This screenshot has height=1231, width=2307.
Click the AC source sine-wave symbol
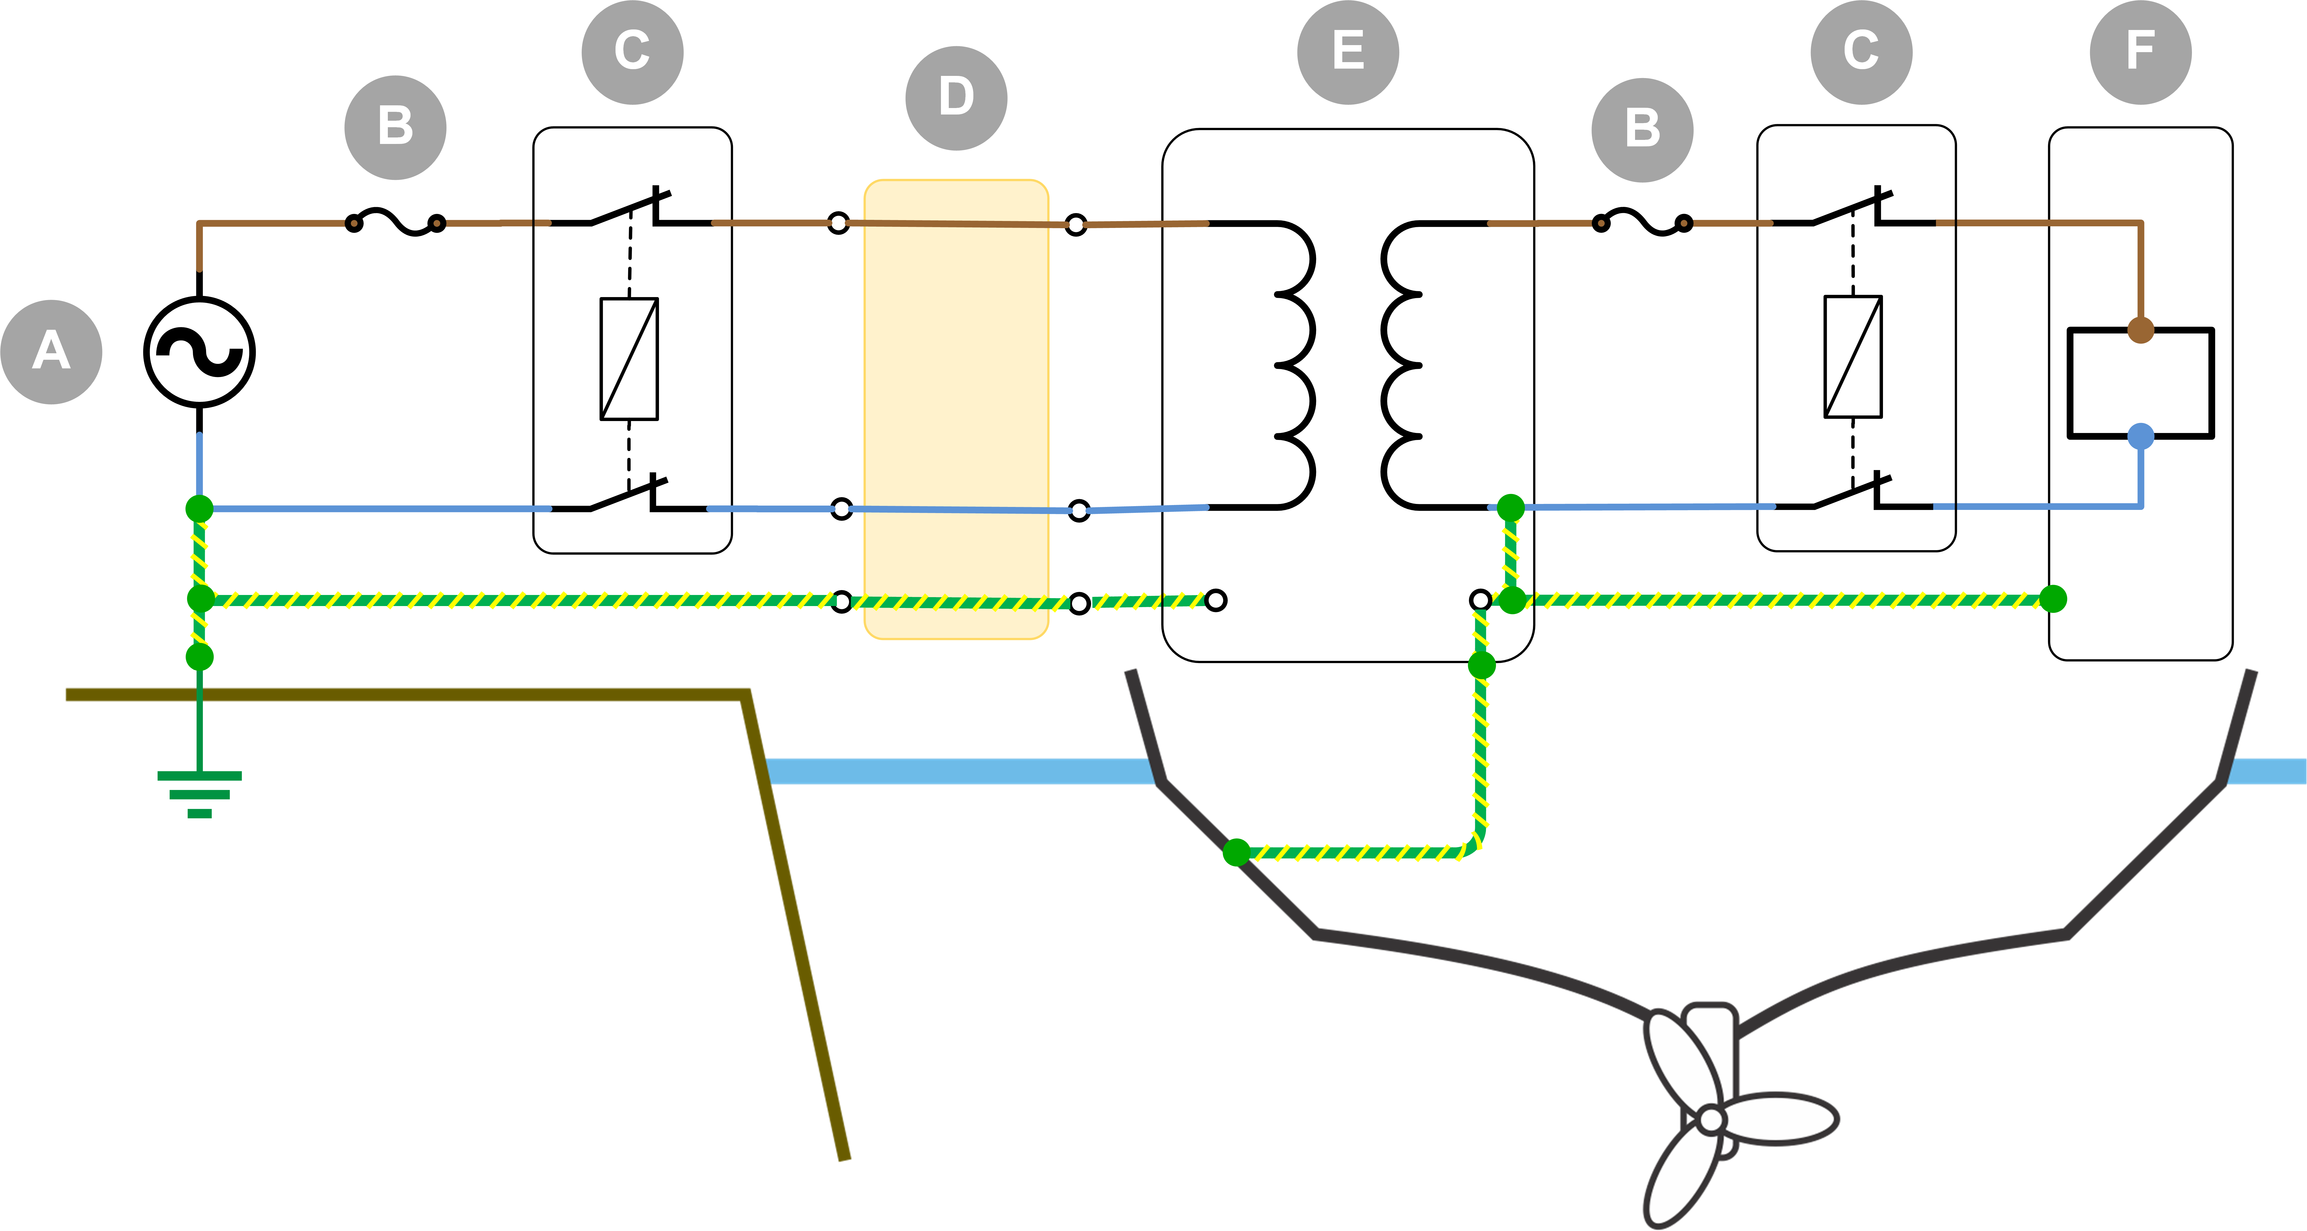click(199, 352)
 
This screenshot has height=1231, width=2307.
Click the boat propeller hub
click(1711, 1119)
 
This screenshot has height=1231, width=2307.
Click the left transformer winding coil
click(1290, 364)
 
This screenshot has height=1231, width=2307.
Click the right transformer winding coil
click(1406, 364)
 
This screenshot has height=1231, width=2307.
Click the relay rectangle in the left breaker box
click(629, 358)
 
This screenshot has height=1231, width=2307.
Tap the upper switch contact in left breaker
click(627, 208)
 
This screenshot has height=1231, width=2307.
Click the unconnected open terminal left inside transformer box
click(1215, 600)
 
